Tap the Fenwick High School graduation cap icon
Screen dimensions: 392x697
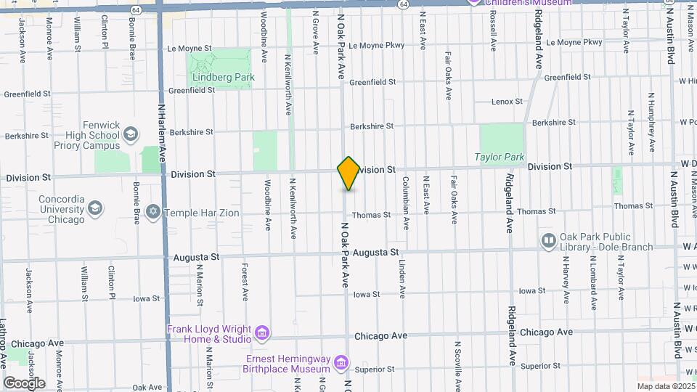tap(130, 134)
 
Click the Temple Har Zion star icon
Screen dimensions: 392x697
tap(152, 213)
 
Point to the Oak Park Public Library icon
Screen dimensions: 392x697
tap(548, 240)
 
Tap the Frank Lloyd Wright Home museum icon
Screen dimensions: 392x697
tap(262, 333)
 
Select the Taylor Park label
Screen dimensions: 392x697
tap(500, 156)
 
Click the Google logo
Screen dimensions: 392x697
tap(24, 383)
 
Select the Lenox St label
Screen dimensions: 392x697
tap(507, 102)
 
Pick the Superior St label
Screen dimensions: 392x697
tap(375, 369)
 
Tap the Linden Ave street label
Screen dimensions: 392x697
tap(402, 279)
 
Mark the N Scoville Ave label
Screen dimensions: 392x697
tap(458, 364)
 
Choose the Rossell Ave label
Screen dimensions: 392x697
tap(493, 33)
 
